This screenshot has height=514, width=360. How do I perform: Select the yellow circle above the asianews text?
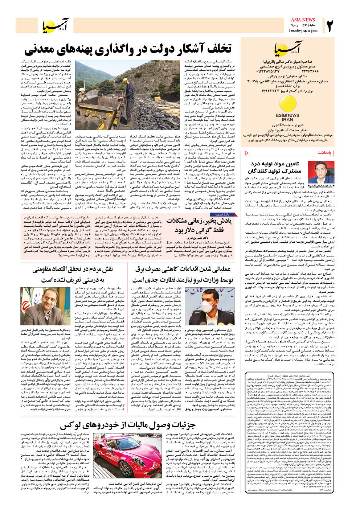coord(287,103)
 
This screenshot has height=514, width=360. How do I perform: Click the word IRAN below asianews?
coord(287,119)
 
